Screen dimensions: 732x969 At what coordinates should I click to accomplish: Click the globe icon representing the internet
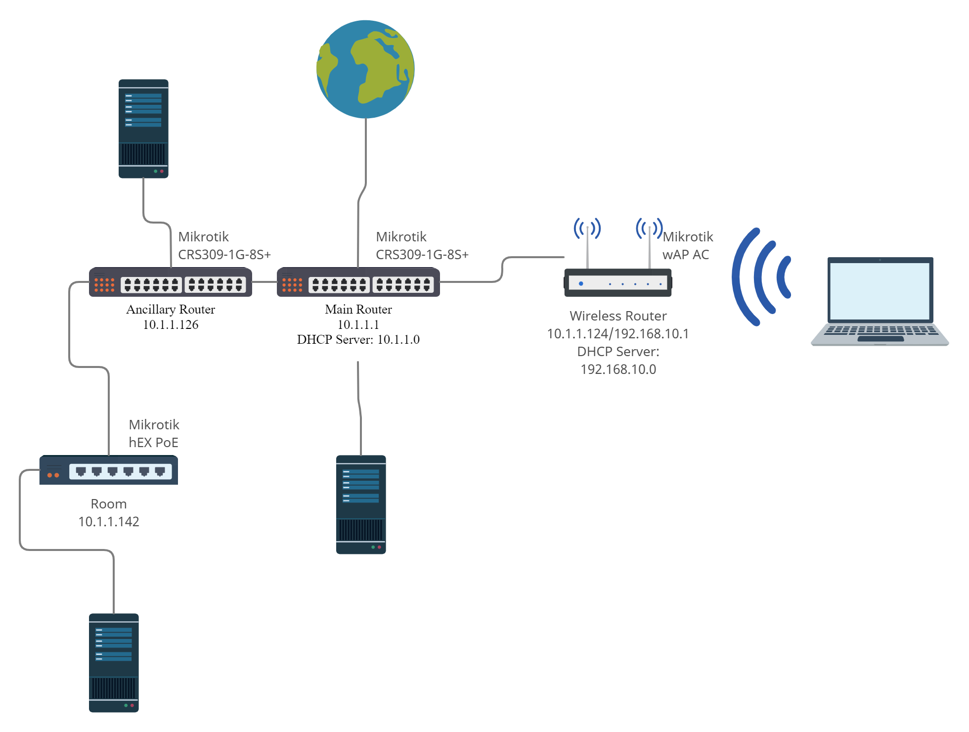tap(366, 69)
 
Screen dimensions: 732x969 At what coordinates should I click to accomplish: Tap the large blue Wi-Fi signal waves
tap(761, 277)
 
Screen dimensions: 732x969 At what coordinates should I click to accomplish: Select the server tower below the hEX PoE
tap(114, 663)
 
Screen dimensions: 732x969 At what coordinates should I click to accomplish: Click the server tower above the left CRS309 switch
tap(143, 129)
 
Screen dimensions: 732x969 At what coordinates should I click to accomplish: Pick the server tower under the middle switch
tap(361, 504)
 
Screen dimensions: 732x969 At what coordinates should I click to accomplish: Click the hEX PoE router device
tap(109, 470)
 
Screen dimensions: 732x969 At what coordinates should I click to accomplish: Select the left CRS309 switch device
tap(171, 282)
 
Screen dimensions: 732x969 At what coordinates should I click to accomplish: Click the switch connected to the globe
tap(358, 282)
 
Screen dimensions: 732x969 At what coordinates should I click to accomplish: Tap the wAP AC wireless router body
tap(618, 283)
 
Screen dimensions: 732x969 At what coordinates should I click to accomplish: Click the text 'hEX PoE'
tap(153, 443)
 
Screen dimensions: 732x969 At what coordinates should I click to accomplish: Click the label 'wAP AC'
tap(686, 255)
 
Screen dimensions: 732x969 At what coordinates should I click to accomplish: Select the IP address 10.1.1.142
tap(109, 522)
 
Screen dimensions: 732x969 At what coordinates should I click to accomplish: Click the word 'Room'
tap(109, 504)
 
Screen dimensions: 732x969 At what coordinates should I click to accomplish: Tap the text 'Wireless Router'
tap(618, 316)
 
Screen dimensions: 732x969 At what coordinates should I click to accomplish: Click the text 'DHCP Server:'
tap(618, 352)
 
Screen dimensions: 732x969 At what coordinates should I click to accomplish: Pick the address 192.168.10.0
tap(618, 369)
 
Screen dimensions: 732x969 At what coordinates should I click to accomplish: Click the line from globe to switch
tap(366, 158)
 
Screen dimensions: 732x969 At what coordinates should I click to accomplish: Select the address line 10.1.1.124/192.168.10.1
tap(618, 334)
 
